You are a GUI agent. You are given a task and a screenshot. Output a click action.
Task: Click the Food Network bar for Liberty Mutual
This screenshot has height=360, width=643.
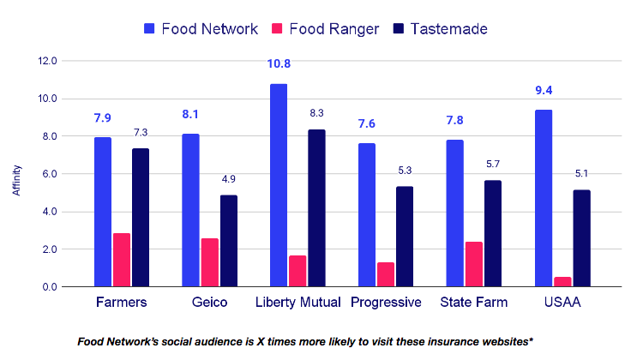(x=279, y=185)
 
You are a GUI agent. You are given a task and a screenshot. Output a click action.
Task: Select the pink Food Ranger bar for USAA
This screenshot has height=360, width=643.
(x=562, y=282)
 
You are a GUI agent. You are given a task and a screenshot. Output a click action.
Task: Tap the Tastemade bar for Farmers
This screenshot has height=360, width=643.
(x=141, y=218)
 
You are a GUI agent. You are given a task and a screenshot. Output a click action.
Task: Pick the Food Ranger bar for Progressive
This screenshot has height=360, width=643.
(x=386, y=275)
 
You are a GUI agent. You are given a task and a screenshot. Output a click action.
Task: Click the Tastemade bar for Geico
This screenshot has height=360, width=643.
(x=229, y=241)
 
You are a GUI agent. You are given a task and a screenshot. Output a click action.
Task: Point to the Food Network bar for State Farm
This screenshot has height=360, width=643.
(x=454, y=213)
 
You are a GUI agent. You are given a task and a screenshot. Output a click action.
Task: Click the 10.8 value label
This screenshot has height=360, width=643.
(x=279, y=64)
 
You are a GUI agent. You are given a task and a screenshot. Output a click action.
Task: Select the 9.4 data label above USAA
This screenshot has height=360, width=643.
(x=544, y=90)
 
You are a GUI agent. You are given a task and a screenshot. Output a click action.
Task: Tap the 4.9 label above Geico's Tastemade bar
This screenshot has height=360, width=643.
(x=229, y=179)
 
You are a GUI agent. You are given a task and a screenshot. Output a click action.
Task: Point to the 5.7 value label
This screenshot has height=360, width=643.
(x=493, y=164)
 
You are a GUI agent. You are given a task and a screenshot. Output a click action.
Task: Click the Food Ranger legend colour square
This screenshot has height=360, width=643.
(x=277, y=28)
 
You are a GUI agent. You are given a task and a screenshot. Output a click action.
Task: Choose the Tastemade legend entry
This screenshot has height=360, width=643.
(x=441, y=28)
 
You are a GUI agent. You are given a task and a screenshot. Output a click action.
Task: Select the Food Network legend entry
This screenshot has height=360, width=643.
(x=201, y=28)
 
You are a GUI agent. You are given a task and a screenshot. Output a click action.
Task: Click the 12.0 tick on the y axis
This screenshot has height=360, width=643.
(x=47, y=61)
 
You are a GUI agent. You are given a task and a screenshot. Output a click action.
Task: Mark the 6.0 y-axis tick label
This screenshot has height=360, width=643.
(x=49, y=174)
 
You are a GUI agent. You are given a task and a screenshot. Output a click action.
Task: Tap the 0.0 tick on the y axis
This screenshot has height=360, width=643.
(x=49, y=287)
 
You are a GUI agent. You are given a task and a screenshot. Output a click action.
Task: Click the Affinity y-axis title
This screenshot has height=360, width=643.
(x=16, y=180)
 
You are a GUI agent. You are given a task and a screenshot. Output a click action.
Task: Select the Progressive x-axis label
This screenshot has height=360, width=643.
(x=386, y=303)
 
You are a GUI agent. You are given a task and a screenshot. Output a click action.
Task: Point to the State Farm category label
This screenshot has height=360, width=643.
(x=473, y=303)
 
